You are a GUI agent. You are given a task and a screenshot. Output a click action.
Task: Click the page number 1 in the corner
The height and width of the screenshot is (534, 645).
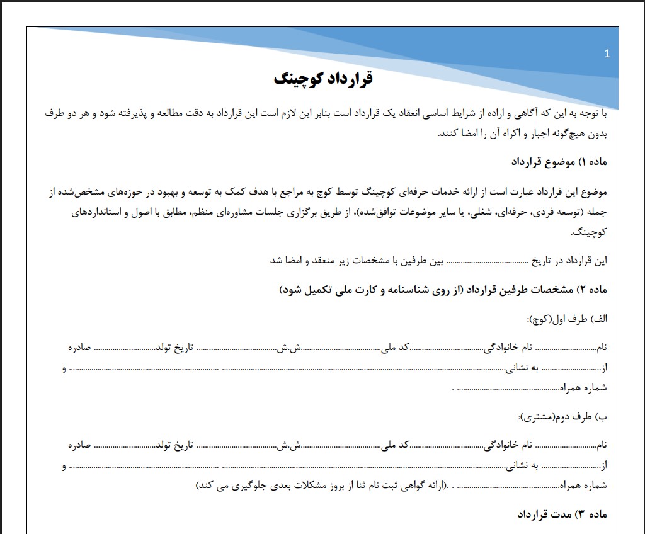pos(607,54)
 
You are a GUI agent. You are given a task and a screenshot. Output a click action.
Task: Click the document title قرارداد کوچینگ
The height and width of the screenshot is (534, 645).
pos(324,79)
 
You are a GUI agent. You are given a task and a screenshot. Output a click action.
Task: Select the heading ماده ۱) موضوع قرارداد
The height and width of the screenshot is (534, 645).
pos(559,162)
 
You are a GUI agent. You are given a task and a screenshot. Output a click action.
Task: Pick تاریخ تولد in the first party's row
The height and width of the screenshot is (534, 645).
pos(174,348)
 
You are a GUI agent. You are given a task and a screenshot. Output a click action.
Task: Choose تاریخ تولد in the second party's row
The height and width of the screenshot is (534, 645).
pos(174,446)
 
